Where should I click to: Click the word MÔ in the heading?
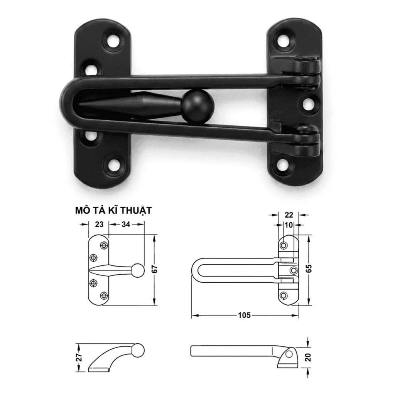point(83,211)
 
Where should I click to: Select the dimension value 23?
point(99,224)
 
